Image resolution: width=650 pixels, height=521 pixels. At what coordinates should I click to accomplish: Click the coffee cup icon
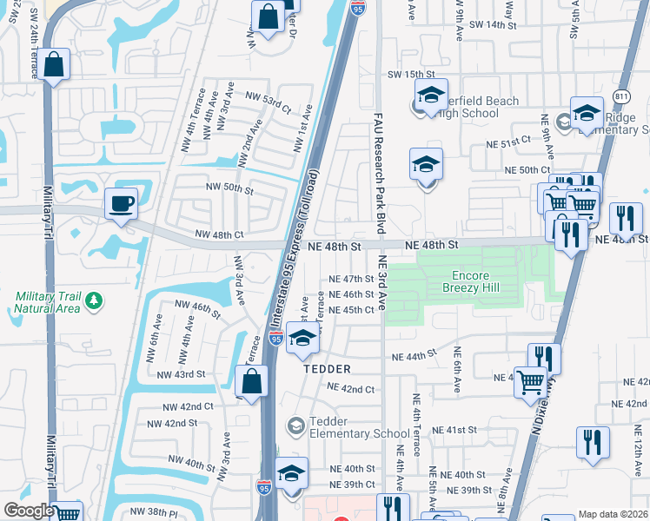[x=121, y=204]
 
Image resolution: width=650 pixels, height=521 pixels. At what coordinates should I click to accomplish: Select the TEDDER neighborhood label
[x=327, y=369]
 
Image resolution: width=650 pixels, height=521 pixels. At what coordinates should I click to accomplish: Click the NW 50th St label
[x=229, y=188]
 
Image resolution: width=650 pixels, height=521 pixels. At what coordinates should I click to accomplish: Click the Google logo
[x=29, y=511]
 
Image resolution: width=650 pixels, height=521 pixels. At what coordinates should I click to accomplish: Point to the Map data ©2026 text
[x=613, y=514]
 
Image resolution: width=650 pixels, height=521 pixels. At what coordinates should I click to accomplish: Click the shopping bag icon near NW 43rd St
[x=251, y=379]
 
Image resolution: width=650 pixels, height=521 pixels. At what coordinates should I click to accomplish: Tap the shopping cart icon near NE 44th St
[x=529, y=379]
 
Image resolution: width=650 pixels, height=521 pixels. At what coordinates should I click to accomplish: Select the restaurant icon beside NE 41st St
[x=594, y=442]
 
